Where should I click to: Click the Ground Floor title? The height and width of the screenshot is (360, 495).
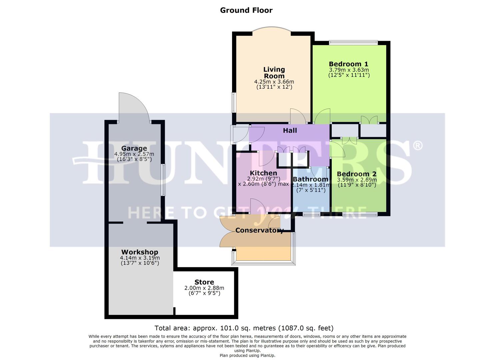246,10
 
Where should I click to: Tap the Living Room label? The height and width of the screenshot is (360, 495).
274,73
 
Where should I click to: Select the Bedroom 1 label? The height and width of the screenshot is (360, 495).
349,64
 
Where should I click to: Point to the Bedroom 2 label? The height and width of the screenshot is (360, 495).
356,174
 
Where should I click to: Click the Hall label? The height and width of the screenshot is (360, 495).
290,131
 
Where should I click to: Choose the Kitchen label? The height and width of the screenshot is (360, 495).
263,173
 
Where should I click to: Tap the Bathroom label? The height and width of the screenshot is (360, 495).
310,179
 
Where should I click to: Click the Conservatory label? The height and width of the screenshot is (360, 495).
259,230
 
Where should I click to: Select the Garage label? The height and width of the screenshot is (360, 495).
134,148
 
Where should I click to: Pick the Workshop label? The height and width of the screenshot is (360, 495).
140,252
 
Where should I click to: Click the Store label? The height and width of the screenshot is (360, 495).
204,282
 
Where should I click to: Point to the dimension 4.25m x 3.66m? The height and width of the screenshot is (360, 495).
274,82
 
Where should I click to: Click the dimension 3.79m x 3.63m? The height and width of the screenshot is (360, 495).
349,70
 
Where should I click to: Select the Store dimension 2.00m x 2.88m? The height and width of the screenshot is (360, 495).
204,288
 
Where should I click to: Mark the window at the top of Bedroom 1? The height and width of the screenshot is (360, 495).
353,42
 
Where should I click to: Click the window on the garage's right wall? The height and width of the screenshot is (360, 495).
163,180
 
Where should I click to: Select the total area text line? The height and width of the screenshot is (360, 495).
244,328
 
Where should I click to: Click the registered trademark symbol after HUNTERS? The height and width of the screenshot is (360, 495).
418,146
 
